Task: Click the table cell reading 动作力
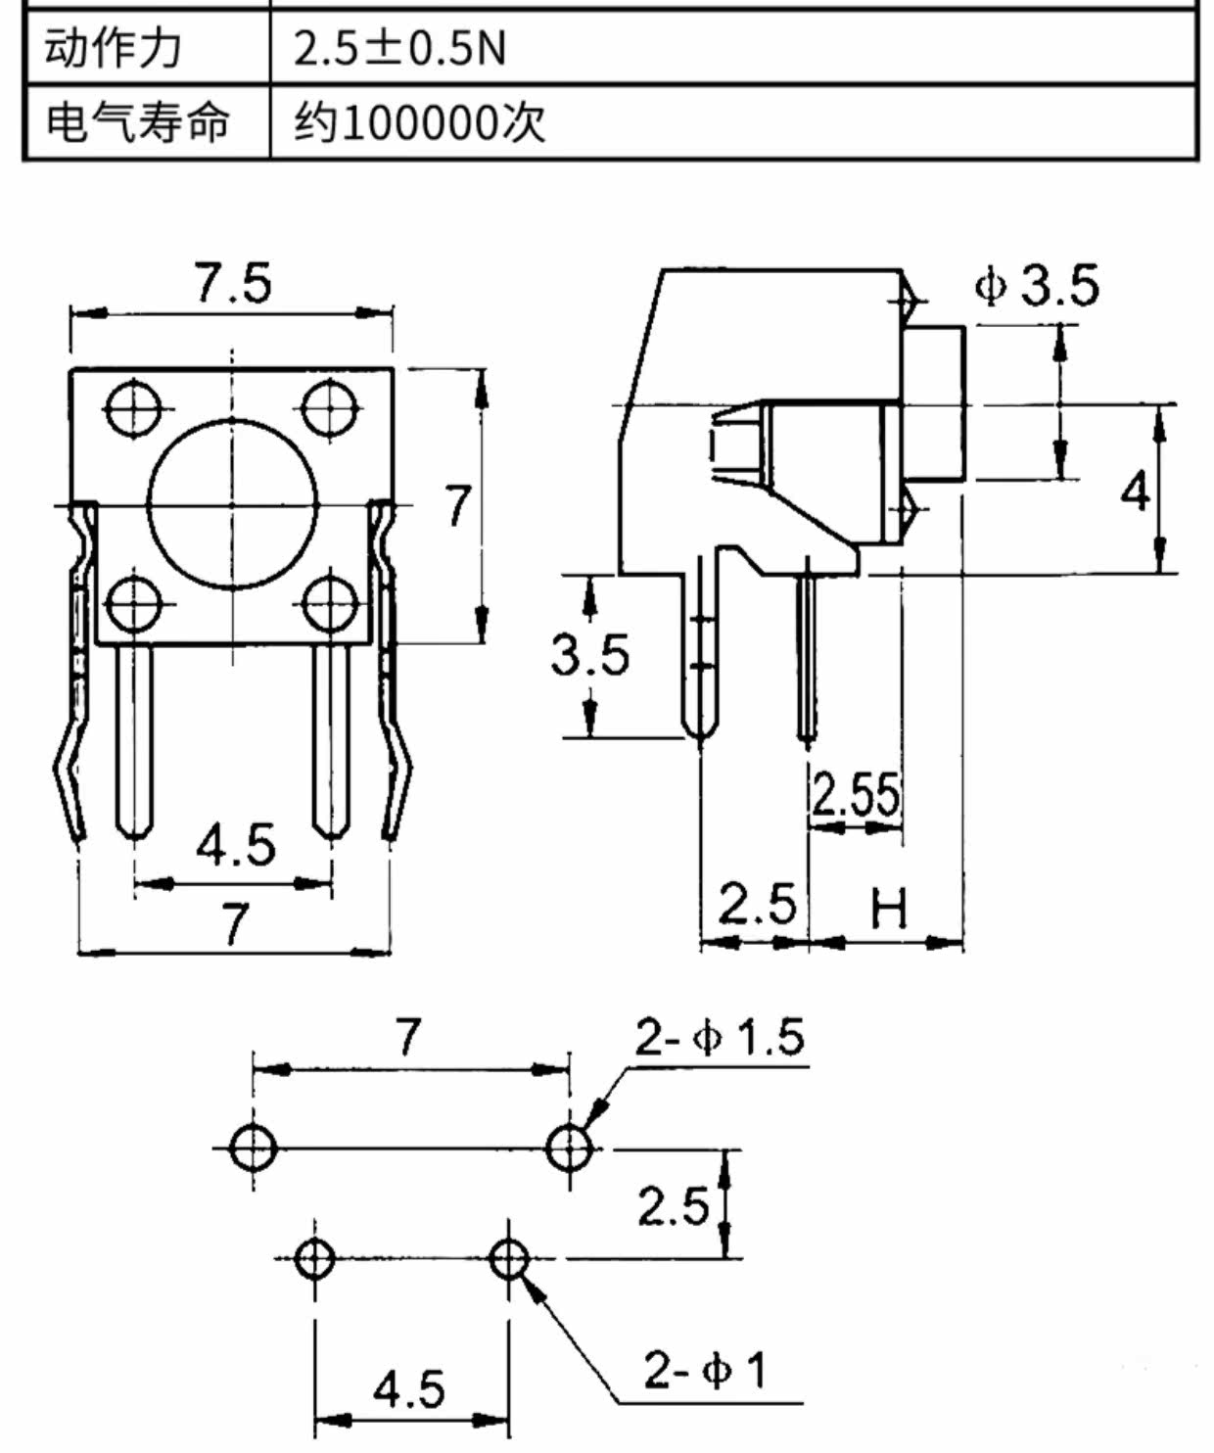[113, 49]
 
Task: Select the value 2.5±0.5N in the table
[399, 49]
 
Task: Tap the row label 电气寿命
[137, 122]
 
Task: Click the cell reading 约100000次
[419, 123]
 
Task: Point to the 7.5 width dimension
[234, 284]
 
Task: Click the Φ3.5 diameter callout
[1037, 286]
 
